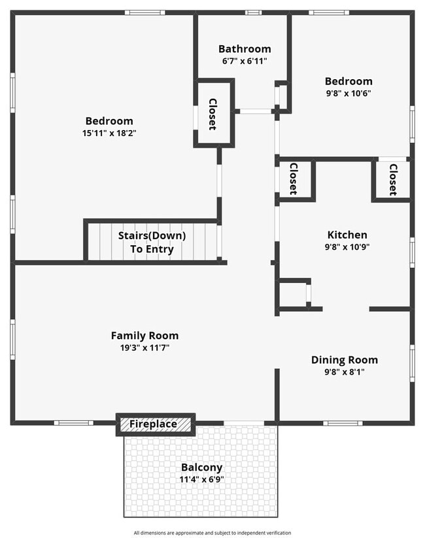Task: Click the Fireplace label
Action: [152, 424]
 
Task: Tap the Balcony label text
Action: [201, 467]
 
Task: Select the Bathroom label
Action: [245, 49]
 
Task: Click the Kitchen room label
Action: [347, 235]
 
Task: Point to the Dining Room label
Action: [344, 360]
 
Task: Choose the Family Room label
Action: [144, 335]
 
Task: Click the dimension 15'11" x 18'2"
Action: [110, 133]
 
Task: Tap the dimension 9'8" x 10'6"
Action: [348, 93]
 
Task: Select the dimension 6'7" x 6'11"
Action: [245, 61]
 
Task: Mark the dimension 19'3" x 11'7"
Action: [144, 347]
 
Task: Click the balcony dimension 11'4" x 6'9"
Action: [201, 479]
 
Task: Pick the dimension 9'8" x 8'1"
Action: [344, 371]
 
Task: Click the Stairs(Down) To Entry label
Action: [152, 242]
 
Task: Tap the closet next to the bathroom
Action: [213, 114]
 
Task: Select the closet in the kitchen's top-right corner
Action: [392, 179]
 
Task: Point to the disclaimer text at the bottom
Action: [212, 533]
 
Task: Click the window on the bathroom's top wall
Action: [253, 12]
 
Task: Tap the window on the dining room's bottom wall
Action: [343, 423]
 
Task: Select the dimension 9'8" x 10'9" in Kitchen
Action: [347, 247]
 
